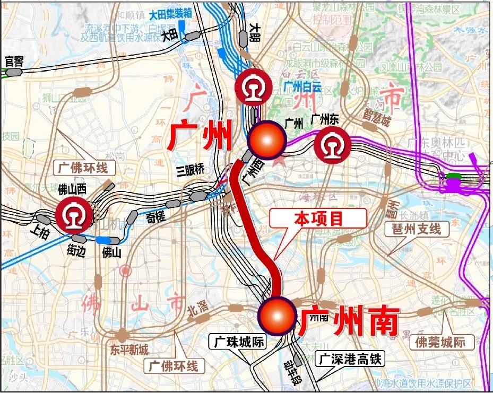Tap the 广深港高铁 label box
(x=350, y=359)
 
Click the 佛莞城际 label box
(x=440, y=342)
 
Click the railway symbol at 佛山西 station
(x=74, y=215)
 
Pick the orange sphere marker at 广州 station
(x=267, y=140)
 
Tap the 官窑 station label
(x=14, y=62)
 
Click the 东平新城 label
(x=129, y=350)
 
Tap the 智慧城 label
(x=377, y=117)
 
